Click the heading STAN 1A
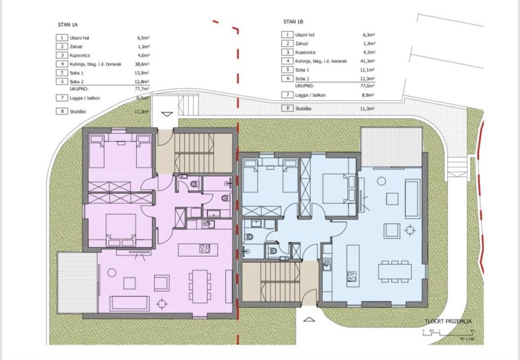(x=68, y=25)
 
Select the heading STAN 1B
(x=293, y=21)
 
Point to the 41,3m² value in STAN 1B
(x=369, y=60)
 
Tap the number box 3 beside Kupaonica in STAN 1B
(x=288, y=52)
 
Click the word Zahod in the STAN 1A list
(x=76, y=46)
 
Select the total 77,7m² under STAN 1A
(x=142, y=89)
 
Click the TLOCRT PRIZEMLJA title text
(x=448, y=322)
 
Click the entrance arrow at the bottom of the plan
(x=309, y=319)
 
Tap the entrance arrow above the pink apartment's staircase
(x=166, y=114)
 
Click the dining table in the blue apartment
(x=395, y=270)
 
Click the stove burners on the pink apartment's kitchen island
(x=205, y=249)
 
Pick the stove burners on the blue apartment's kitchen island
(x=351, y=276)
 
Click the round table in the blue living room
(x=410, y=229)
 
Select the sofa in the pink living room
(x=130, y=303)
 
